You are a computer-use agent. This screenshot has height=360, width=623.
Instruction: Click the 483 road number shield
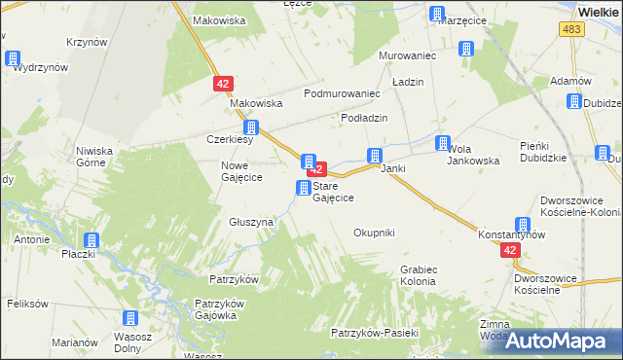[571, 31]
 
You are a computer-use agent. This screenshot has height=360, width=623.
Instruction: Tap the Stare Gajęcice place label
[333, 192]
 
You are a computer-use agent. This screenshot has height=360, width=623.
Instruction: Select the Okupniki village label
[374, 233]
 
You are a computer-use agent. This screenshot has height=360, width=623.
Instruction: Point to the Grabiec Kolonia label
[418, 274]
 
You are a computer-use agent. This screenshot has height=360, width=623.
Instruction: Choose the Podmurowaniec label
[341, 93]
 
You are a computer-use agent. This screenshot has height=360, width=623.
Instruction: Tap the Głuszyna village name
[251, 222]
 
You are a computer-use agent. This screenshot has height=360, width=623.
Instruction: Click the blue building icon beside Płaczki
[92, 240]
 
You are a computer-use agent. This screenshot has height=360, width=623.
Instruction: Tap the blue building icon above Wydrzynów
[13, 58]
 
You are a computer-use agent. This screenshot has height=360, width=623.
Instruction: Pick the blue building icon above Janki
[374, 156]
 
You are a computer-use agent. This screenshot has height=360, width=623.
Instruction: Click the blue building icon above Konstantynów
[523, 224]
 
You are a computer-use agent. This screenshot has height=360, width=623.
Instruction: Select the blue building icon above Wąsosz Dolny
[129, 318]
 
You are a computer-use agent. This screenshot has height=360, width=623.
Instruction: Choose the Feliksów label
[27, 304]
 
